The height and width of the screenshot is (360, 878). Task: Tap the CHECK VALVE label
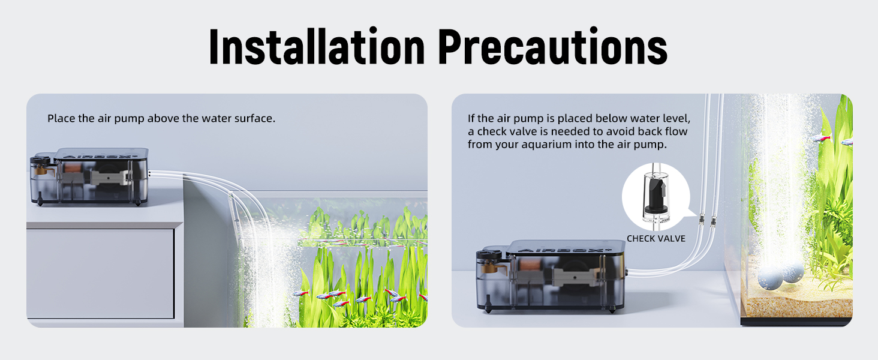[x=656, y=239]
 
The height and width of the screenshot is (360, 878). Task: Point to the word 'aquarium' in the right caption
[x=551, y=145]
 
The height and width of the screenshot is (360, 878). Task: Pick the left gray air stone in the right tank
[x=770, y=277]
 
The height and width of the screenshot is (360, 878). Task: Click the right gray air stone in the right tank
[x=792, y=272]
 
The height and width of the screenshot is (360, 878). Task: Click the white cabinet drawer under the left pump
[x=100, y=273]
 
